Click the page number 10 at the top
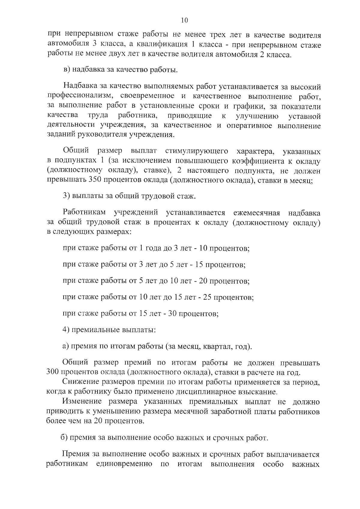coord(184,20)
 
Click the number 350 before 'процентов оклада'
coord(95,180)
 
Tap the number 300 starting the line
coord(53,373)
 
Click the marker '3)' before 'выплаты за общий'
coord(66,196)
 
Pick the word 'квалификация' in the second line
coord(161,45)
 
